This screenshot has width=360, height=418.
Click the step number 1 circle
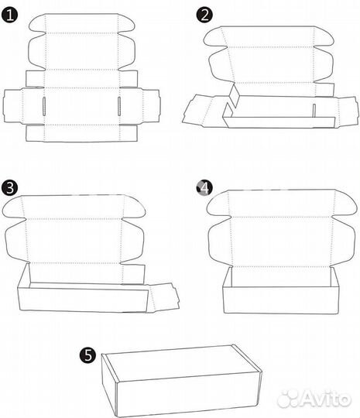[9, 15]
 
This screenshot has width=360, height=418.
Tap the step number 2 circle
[204, 15]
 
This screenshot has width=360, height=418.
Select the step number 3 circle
[9, 187]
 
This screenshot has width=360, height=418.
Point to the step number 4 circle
[204, 187]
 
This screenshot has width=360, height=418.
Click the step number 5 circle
[88, 355]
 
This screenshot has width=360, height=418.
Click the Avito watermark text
[314, 399]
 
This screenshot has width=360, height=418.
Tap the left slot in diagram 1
[44, 106]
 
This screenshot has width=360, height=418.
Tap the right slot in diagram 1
[119, 106]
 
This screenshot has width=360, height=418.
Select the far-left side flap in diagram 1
[13, 106]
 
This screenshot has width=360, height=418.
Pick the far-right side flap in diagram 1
[151, 106]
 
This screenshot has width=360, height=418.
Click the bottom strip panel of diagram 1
[81, 133]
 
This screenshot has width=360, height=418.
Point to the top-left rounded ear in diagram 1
[37, 23]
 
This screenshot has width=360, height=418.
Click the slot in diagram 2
[314, 111]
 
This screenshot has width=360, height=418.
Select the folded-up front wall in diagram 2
[279, 122]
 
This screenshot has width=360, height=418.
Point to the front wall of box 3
[83, 300]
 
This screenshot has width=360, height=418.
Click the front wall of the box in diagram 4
[281, 300]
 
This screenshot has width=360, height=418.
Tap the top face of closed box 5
[181, 363]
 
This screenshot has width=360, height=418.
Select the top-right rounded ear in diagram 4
[346, 203]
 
